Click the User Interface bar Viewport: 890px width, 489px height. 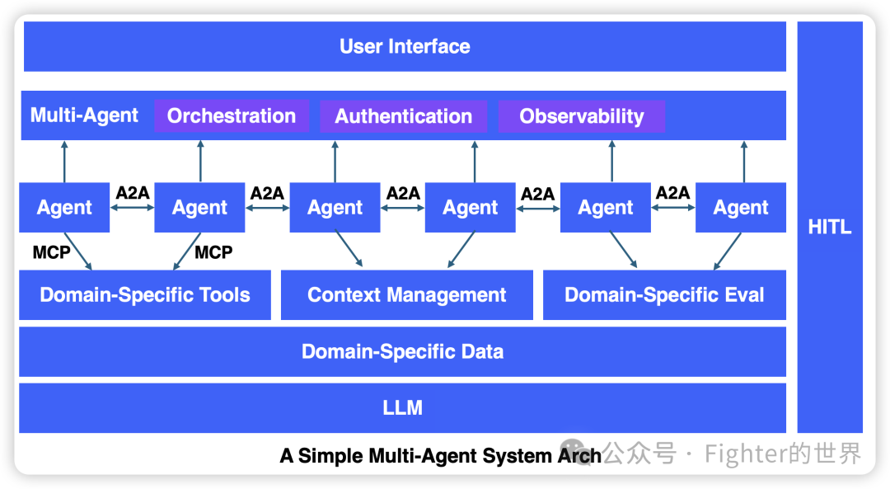click(x=405, y=47)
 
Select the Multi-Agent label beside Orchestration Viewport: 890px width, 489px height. click(x=84, y=115)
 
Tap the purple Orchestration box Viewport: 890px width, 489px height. click(x=232, y=116)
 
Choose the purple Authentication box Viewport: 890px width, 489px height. click(x=403, y=116)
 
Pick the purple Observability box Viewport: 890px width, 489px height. click(x=581, y=116)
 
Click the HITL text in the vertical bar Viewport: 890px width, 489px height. click(x=829, y=228)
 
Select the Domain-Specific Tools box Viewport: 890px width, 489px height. click(x=145, y=295)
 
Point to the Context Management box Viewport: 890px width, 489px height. click(x=407, y=295)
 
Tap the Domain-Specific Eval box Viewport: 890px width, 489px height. click(x=664, y=295)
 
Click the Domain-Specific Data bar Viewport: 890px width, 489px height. click(x=402, y=352)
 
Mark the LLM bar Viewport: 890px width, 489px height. click(x=402, y=408)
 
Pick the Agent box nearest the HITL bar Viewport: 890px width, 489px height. click(x=740, y=208)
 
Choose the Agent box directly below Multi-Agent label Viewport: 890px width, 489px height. click(x=64, y=208)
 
